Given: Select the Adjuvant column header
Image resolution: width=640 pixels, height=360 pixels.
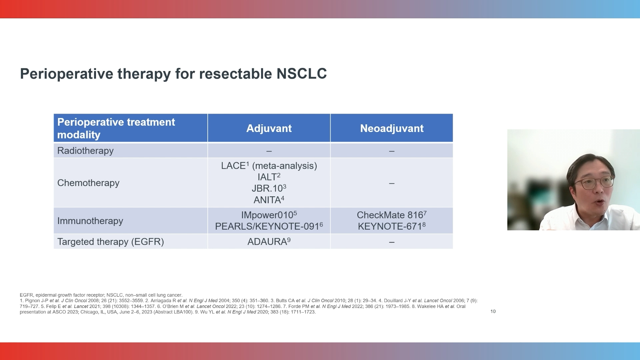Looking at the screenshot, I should click(269, 128).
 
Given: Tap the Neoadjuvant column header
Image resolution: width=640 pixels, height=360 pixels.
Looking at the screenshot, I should click(392, 128).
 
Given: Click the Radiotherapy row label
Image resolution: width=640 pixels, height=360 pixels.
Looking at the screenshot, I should click(85, 151).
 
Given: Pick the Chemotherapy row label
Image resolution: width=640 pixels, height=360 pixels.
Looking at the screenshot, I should click(88, 183).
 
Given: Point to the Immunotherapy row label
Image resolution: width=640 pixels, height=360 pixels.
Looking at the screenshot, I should click(90, 221).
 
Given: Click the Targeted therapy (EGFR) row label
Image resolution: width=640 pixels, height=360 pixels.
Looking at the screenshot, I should click(110, 242).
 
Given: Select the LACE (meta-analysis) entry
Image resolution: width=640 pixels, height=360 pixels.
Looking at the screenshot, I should click(269, 166).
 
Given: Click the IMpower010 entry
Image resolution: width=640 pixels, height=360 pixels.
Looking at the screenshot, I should click(269, 215).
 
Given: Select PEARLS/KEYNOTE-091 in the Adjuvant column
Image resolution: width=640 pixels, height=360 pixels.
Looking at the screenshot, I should click(269, 226).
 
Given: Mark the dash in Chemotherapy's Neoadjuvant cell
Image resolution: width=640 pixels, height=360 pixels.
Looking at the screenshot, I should click(392, 183).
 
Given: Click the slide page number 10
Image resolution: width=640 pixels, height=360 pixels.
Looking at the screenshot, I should click(493, 311).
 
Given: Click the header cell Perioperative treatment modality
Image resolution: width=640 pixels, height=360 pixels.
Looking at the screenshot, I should click(116, 128).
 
